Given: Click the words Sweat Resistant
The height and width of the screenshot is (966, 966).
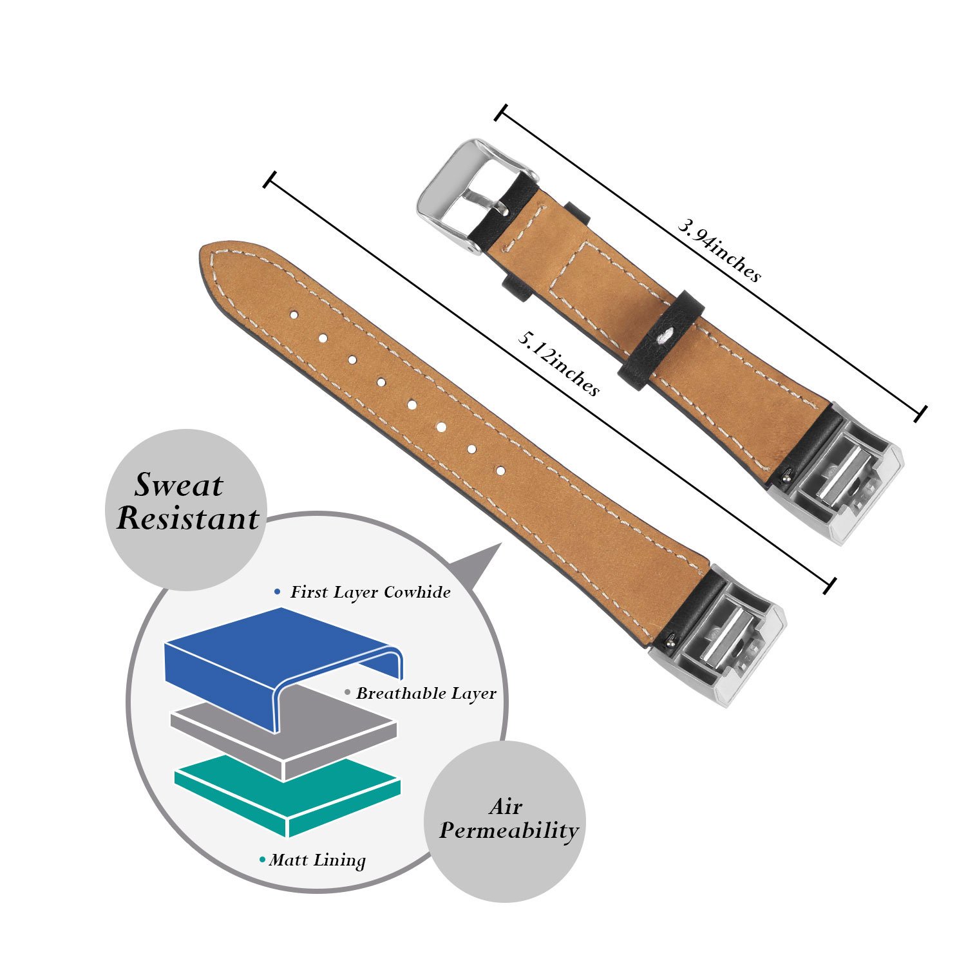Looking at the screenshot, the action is pyautogui.click(x=187, y=502).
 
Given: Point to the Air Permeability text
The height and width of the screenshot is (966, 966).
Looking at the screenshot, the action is pyautogui.click(x=508, y=819).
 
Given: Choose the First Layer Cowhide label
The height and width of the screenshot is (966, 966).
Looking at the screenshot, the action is pyautogui.click(x=370, y=592).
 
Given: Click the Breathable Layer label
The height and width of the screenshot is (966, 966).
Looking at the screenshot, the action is pyautogui.click(x=426, y=694).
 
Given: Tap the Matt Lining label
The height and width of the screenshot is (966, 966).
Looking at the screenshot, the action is pyautogui.click(x=317, y=860).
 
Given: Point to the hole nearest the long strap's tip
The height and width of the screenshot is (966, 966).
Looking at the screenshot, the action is pyautogui.click(x=294, y=315).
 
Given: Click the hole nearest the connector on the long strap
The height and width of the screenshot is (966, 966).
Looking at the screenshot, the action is pyautogui.click(x=501, y=471).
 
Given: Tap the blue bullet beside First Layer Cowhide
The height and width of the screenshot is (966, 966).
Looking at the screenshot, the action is pyautogui.click(x=277, y=591).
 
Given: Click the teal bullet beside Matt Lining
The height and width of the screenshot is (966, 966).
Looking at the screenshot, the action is pyautogui.click(x=262, y=860).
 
